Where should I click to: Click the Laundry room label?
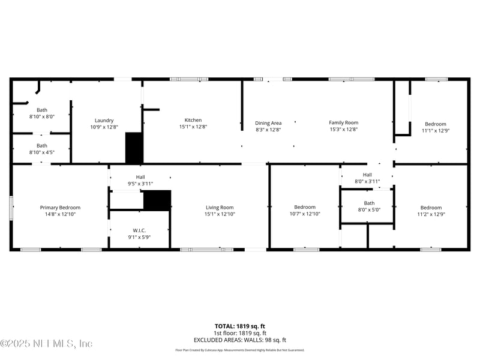pyautogui.click(x=104, y=120)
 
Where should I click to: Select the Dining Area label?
pyautogui.click(x=268, y=123)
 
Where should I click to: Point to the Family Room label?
pyautogui.click(x=343, y=122)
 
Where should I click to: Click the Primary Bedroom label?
pyautogui.click(x=60, y=208)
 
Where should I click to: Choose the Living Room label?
pyautogui.click(x=219, y=208)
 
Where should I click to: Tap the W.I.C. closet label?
pyautogui.click(x=139, y=230)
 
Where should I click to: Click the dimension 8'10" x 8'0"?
pyautogui.click(x=42, y=117)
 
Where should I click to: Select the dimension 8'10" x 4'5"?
pyautogui.click(x=42, y=152)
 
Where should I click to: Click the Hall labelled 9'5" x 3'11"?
pyautogui.click(x=140, y=177)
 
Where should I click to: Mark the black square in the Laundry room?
pyautogui.click(x=134, y=148)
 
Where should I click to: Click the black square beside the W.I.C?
pyautogui.click(x=157, y=200)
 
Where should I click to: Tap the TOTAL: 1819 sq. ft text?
pyautogui.click(x=240, y=326)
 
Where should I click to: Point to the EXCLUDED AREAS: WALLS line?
pyautogui.click(x=240, y=340)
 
